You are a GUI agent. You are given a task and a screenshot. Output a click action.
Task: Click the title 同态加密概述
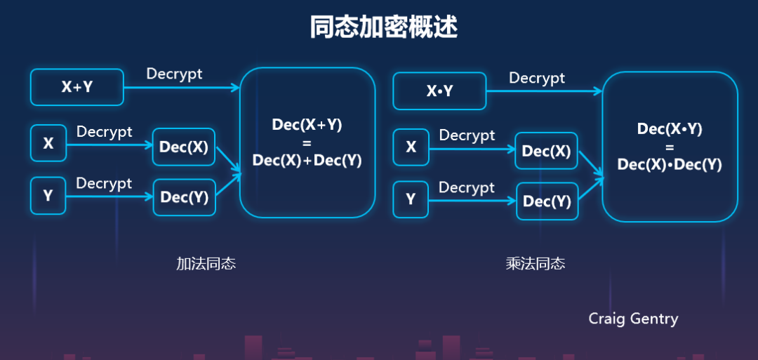pos(383,27)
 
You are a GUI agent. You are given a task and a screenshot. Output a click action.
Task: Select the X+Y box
pos(77,87)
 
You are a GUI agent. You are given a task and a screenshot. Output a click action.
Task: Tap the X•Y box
pos(439,91)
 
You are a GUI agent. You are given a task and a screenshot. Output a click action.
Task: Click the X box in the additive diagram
pos(48,143)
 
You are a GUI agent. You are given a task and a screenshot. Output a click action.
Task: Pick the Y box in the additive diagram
pos(48,196)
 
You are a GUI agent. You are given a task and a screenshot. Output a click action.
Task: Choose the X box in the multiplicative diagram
pos(411,147)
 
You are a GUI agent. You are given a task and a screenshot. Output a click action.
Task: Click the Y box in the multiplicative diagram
pos(411,200)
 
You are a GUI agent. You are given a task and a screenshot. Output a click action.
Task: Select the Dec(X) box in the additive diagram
pos(184,147)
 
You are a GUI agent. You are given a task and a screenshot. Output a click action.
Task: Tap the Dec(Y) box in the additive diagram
pos(184,197)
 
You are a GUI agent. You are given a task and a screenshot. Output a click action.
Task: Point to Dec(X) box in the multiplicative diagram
pos(547,151)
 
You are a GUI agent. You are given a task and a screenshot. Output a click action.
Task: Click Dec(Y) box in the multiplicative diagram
pos(547,201)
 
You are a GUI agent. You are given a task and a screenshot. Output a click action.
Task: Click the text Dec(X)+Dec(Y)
pos(307,160)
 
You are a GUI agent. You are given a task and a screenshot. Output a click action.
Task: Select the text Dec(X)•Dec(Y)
pos(670,164)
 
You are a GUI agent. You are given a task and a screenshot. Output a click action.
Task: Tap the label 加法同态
pos(206,264)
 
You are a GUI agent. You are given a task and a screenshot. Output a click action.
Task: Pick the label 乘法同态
pos(535,264)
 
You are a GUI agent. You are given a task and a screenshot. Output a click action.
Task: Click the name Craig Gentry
pos(633,319)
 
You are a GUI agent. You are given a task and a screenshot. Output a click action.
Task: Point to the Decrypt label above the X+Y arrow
pos(174,74)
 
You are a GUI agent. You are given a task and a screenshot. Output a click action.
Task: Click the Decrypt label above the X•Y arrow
pos(537,78)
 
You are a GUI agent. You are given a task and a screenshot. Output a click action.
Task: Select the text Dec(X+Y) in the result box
pos(307,125)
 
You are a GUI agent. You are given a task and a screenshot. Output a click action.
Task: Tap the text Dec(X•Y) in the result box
pos(670,129)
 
